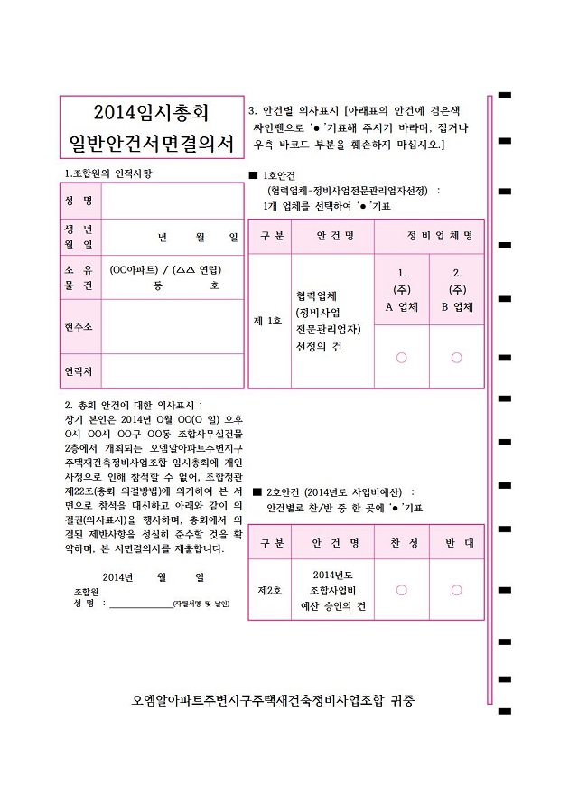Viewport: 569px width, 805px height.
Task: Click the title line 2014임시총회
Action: [150, 113]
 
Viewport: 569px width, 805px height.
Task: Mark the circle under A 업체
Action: [401, 358]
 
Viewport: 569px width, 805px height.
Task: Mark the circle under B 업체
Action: [457, 358]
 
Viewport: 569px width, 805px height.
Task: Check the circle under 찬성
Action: [401, 590]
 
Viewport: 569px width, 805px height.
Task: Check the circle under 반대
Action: [457, 590]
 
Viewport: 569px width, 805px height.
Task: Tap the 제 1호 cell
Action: [269, 321]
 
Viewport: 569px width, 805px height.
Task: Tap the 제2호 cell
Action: [269, 590]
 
